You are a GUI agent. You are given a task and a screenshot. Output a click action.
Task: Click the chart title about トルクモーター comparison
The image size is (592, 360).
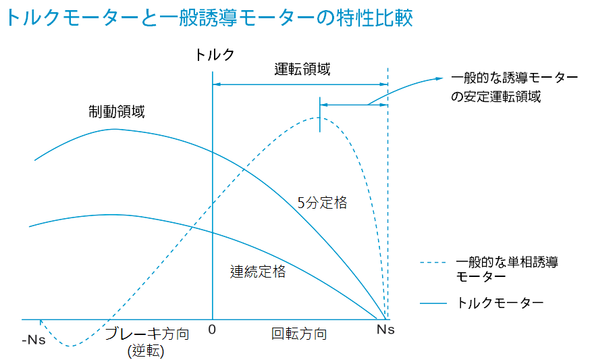point(209,18)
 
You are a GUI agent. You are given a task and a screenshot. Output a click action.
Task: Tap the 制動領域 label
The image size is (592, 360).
point(116,112)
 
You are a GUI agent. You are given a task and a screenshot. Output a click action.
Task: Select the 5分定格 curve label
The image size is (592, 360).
point(322,202)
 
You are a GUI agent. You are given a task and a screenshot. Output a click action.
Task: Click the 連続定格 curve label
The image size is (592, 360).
point(258,272)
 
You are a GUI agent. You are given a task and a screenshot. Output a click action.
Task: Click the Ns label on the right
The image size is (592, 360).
point(385,330)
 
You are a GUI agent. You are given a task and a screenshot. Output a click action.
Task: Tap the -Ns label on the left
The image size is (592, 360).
point(34,338)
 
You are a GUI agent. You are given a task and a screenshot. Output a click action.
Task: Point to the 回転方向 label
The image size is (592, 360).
point(299,334)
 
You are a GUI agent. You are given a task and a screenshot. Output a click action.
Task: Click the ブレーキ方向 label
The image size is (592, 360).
point(146,334)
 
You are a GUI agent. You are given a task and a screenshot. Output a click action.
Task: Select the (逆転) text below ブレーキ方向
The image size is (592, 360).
point(146,351)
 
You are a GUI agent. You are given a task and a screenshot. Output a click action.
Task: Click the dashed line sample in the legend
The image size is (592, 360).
point(434,262)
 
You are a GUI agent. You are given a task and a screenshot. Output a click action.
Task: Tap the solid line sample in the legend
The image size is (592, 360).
point(434,303)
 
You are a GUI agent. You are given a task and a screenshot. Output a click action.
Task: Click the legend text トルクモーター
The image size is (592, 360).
point(500,303)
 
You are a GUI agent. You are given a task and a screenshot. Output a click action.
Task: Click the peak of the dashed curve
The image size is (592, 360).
point(319,118)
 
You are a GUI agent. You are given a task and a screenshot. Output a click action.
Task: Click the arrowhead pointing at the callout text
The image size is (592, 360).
point(443,78)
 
